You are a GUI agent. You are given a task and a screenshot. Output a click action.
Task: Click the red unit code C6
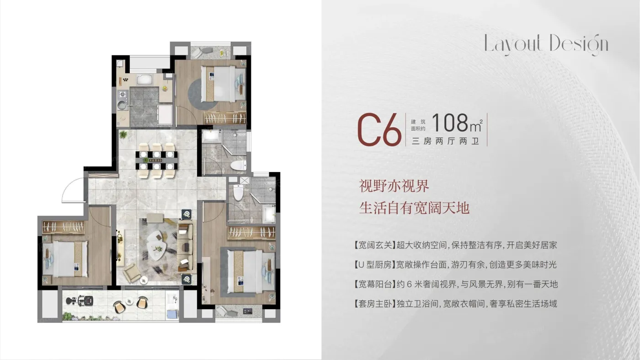pos(379,129)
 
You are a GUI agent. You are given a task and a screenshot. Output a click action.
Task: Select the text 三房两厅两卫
pos(445,141)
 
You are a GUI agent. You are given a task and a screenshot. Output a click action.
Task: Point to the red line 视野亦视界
pos(394,186)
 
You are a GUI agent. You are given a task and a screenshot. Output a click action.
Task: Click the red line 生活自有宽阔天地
pos(414,208)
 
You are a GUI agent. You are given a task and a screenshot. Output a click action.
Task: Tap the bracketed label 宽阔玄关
pos(375,245)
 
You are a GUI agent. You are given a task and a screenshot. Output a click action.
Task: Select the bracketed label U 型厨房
pos(375,265)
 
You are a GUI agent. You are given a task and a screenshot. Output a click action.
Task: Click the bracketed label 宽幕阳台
pos(375,284)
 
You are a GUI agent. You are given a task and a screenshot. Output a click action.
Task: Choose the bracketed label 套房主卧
pos(375,304)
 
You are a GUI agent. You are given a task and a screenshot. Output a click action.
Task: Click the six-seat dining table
pos(156,161)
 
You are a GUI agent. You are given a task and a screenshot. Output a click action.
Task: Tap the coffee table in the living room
pos(156,245)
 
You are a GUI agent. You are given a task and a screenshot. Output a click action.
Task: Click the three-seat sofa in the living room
pos(185,247)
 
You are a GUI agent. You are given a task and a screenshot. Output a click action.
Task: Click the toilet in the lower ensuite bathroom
pos(238,192)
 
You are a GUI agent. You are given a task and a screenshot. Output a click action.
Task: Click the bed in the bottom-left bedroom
pos(65,259)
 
